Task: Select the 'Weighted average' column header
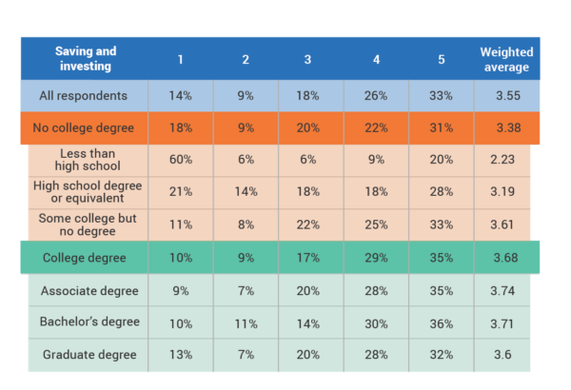(505, 59)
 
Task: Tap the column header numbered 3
(307, 59)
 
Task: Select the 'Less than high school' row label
(87, 160)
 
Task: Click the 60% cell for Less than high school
(180, 160)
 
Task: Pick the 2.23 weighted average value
(505, 160)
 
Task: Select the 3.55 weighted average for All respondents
(505, 95)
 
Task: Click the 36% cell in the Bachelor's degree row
(441, 323)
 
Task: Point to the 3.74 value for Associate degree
(505, 291)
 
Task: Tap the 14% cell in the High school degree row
(245, 191)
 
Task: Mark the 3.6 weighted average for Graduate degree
(505, 356)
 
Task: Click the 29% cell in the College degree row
(377, 257)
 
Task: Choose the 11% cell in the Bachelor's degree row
(245, 323)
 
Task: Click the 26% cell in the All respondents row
(377, 95)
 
